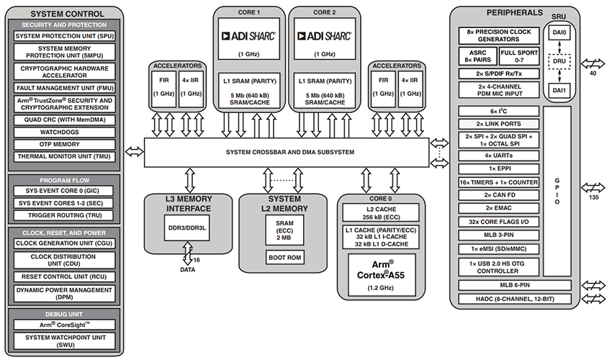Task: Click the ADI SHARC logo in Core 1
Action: [x=249, y=35]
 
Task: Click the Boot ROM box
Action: [x=284, y=257]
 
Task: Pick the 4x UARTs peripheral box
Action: [x=498, y=155]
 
